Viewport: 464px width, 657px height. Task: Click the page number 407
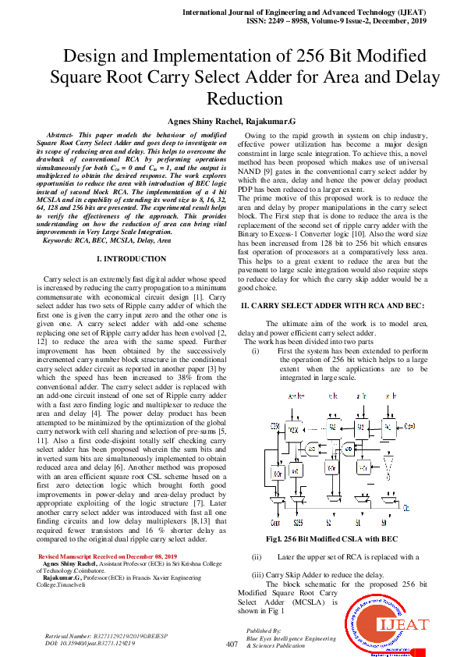[x=231, y=644]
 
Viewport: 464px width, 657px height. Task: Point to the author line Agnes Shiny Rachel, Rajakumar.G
[x=232, y=123]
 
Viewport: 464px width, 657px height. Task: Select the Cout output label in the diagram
[x=275, y=500]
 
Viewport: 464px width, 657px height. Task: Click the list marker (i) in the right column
[x=257, y=352]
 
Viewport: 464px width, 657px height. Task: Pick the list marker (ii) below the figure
[x=257, y=535]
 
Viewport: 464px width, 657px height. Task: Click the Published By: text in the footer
[x=262, y=630]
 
